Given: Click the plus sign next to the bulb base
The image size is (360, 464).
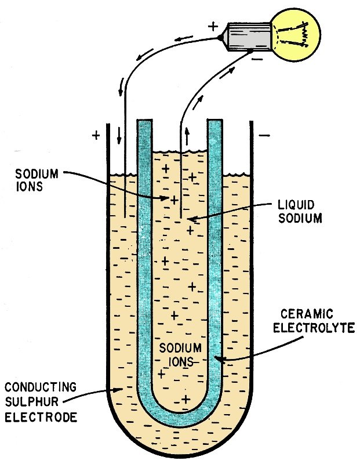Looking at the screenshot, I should click(213, 27).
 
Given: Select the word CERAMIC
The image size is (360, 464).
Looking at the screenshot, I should click(307, 314).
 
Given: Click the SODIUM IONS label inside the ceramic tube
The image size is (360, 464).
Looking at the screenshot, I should click(180, 354).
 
